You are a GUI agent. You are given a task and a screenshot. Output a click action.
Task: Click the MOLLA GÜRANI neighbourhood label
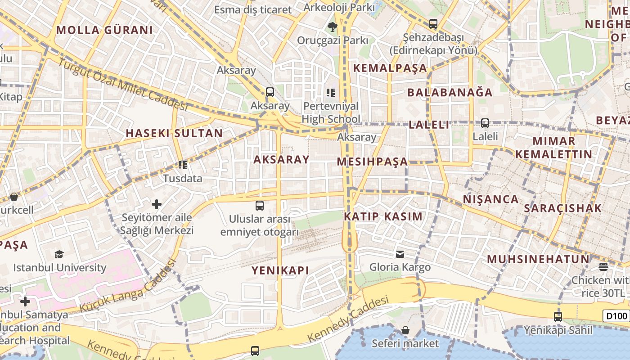104,30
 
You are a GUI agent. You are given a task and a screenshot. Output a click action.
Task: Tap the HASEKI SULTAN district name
174,133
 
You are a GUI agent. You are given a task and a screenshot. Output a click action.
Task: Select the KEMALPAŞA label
390,68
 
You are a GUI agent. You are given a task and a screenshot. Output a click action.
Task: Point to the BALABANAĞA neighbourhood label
450,92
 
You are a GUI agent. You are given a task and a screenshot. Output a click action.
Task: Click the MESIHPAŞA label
372,162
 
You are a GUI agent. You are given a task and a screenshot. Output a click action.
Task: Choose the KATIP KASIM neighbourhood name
383,216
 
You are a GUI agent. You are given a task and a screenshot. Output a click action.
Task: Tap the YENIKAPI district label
280,270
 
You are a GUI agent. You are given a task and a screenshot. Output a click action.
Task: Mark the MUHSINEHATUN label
538,259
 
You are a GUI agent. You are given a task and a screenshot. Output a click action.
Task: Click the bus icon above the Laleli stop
485,123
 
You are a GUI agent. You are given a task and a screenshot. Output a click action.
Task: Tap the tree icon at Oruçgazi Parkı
333,27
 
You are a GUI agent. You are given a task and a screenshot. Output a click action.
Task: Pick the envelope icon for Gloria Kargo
400,254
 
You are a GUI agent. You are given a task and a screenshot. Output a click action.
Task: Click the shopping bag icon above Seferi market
405,331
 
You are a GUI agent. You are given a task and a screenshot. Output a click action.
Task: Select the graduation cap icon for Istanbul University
59,255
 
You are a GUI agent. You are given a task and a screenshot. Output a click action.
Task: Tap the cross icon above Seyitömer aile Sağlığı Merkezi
157,204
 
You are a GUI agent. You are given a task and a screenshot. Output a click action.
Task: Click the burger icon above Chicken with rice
603,267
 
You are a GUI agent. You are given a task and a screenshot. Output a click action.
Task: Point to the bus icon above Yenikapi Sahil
558,316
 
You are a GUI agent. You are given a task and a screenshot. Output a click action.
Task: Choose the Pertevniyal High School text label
331,112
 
